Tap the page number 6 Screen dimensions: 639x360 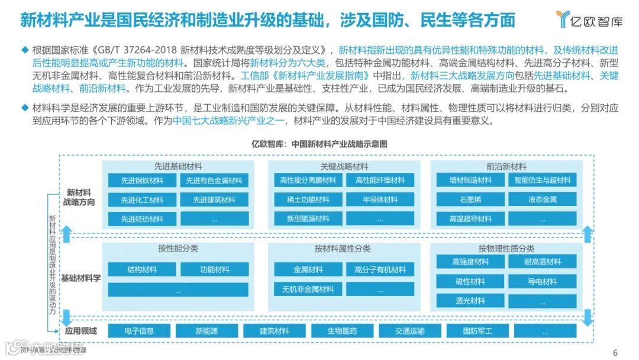point(615,352)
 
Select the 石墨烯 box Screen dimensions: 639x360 point(470,200)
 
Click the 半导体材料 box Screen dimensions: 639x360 point(380,200)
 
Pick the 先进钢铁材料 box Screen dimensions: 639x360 point(142,181)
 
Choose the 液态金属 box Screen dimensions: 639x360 point(542,200)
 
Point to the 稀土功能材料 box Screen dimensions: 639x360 point(308,200)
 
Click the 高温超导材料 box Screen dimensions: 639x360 point(470,218)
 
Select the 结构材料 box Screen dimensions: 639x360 point(142,269)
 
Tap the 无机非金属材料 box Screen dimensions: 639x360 point(308,289)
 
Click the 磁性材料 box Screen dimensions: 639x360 point(470,281)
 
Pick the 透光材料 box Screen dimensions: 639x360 point(470,301)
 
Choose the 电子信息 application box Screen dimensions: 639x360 point(139,331)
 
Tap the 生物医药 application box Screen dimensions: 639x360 point(342,331)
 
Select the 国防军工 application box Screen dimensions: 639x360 point(477,331)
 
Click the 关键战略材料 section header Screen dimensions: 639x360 point(344,166)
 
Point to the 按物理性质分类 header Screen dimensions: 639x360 point(506,248)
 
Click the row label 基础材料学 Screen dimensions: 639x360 point(80,278)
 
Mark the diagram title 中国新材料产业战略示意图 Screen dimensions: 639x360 point(319,143)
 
